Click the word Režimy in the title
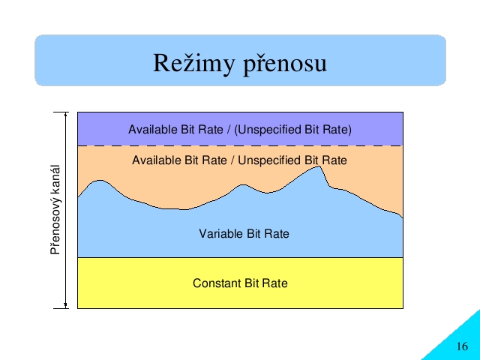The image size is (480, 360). pos(194,63)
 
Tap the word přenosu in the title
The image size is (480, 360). pos(285,65)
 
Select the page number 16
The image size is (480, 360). pos(462,346)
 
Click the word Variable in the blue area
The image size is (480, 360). pos(221,233)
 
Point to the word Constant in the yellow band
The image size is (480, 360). pos(217,283)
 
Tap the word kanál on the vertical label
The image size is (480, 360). pos(55,181)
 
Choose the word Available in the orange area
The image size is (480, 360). pos(157,160)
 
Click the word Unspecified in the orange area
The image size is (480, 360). pos(270,160)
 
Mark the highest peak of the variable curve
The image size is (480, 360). pos(319,166)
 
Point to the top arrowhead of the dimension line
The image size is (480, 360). pos(65,114)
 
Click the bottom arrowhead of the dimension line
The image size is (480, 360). pos(65,305)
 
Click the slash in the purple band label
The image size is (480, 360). pos(229,130)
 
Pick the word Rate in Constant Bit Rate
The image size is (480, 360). pos(275,283)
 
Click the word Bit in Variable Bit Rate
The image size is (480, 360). pos(253,233)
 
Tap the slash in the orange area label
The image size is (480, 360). pos(232,160)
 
